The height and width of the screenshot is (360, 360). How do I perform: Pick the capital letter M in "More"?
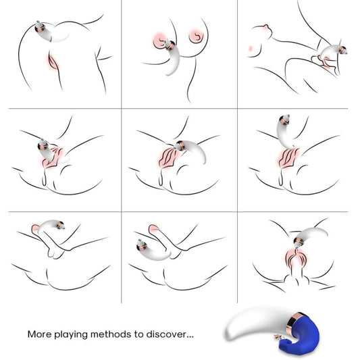(32, 334)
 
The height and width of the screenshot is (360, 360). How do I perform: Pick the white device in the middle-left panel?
(47, 155)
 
